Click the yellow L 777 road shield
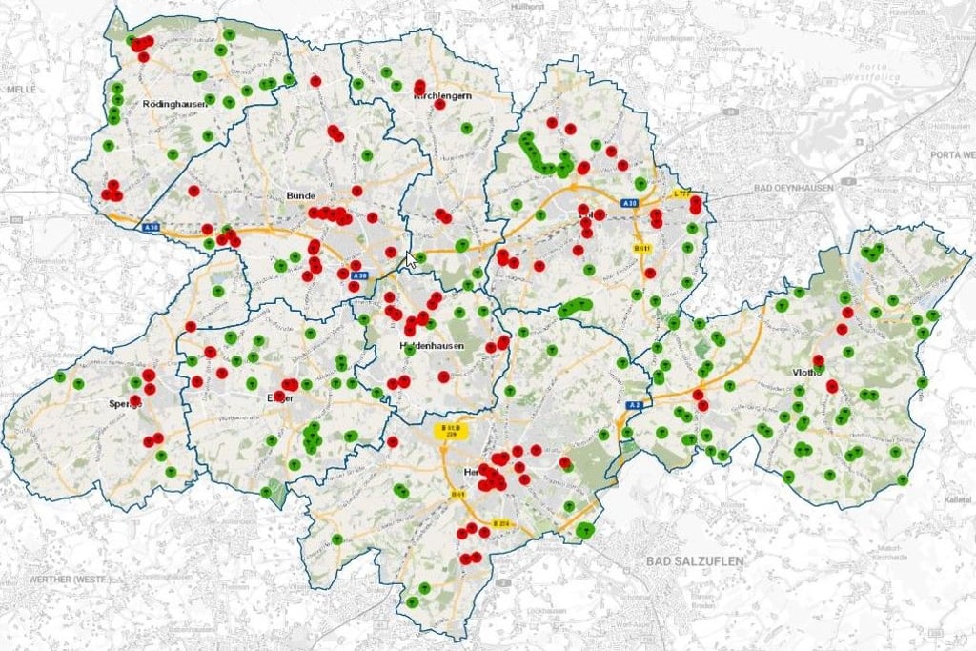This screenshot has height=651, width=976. pyautogui.click(x=681, y=193)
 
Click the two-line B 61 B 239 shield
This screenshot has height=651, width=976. pyautogui.click(x=447, y=430)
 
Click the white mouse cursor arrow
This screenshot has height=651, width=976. pyautogui.click(x=410, y=259)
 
